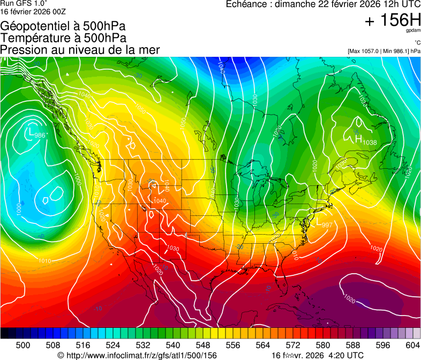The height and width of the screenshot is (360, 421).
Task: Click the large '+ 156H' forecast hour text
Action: coord(393,20)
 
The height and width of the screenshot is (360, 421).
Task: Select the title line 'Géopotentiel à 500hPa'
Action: coord(63,26)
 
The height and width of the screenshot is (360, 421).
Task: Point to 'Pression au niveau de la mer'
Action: coord(80,50)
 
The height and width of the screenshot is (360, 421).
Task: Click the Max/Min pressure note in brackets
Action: coord(384,51)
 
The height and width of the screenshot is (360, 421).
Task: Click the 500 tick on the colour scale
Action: coord(23,346)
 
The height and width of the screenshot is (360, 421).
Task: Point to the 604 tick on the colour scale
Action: coord(412,346)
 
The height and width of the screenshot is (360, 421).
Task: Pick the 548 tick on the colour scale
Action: coord(203,346)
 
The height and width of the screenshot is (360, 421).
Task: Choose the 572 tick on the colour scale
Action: coord(292,346)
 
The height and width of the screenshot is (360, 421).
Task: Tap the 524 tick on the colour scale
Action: coord(113,346)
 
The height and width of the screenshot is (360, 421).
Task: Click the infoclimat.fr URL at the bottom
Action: coord(140,355)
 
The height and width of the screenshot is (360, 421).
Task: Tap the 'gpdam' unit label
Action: coord(414,31)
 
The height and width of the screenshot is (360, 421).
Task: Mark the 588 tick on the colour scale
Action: coord(352,346)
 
